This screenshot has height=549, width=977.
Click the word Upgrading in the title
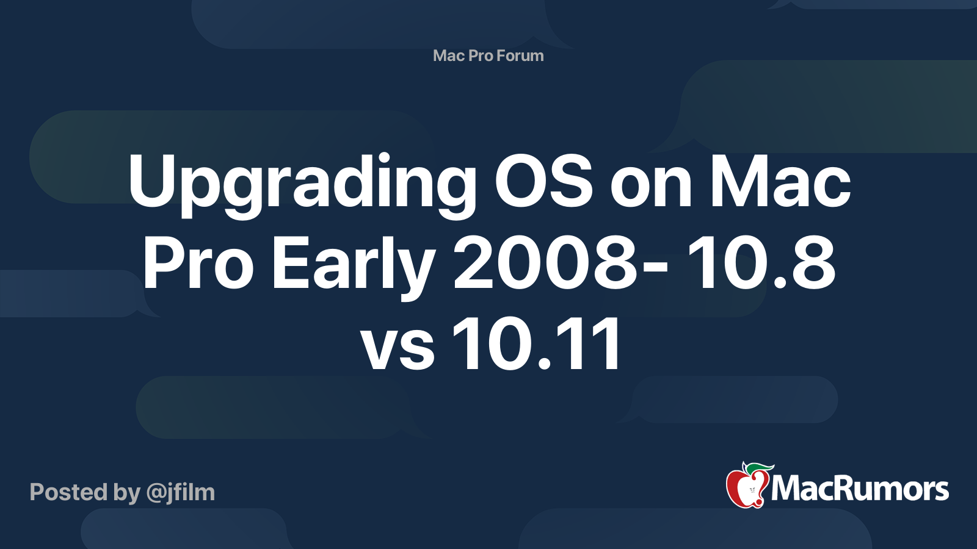302,185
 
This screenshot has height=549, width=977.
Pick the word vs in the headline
398,350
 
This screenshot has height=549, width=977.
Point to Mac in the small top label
448,56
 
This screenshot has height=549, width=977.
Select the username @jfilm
181,493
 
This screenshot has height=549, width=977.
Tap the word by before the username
126,493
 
